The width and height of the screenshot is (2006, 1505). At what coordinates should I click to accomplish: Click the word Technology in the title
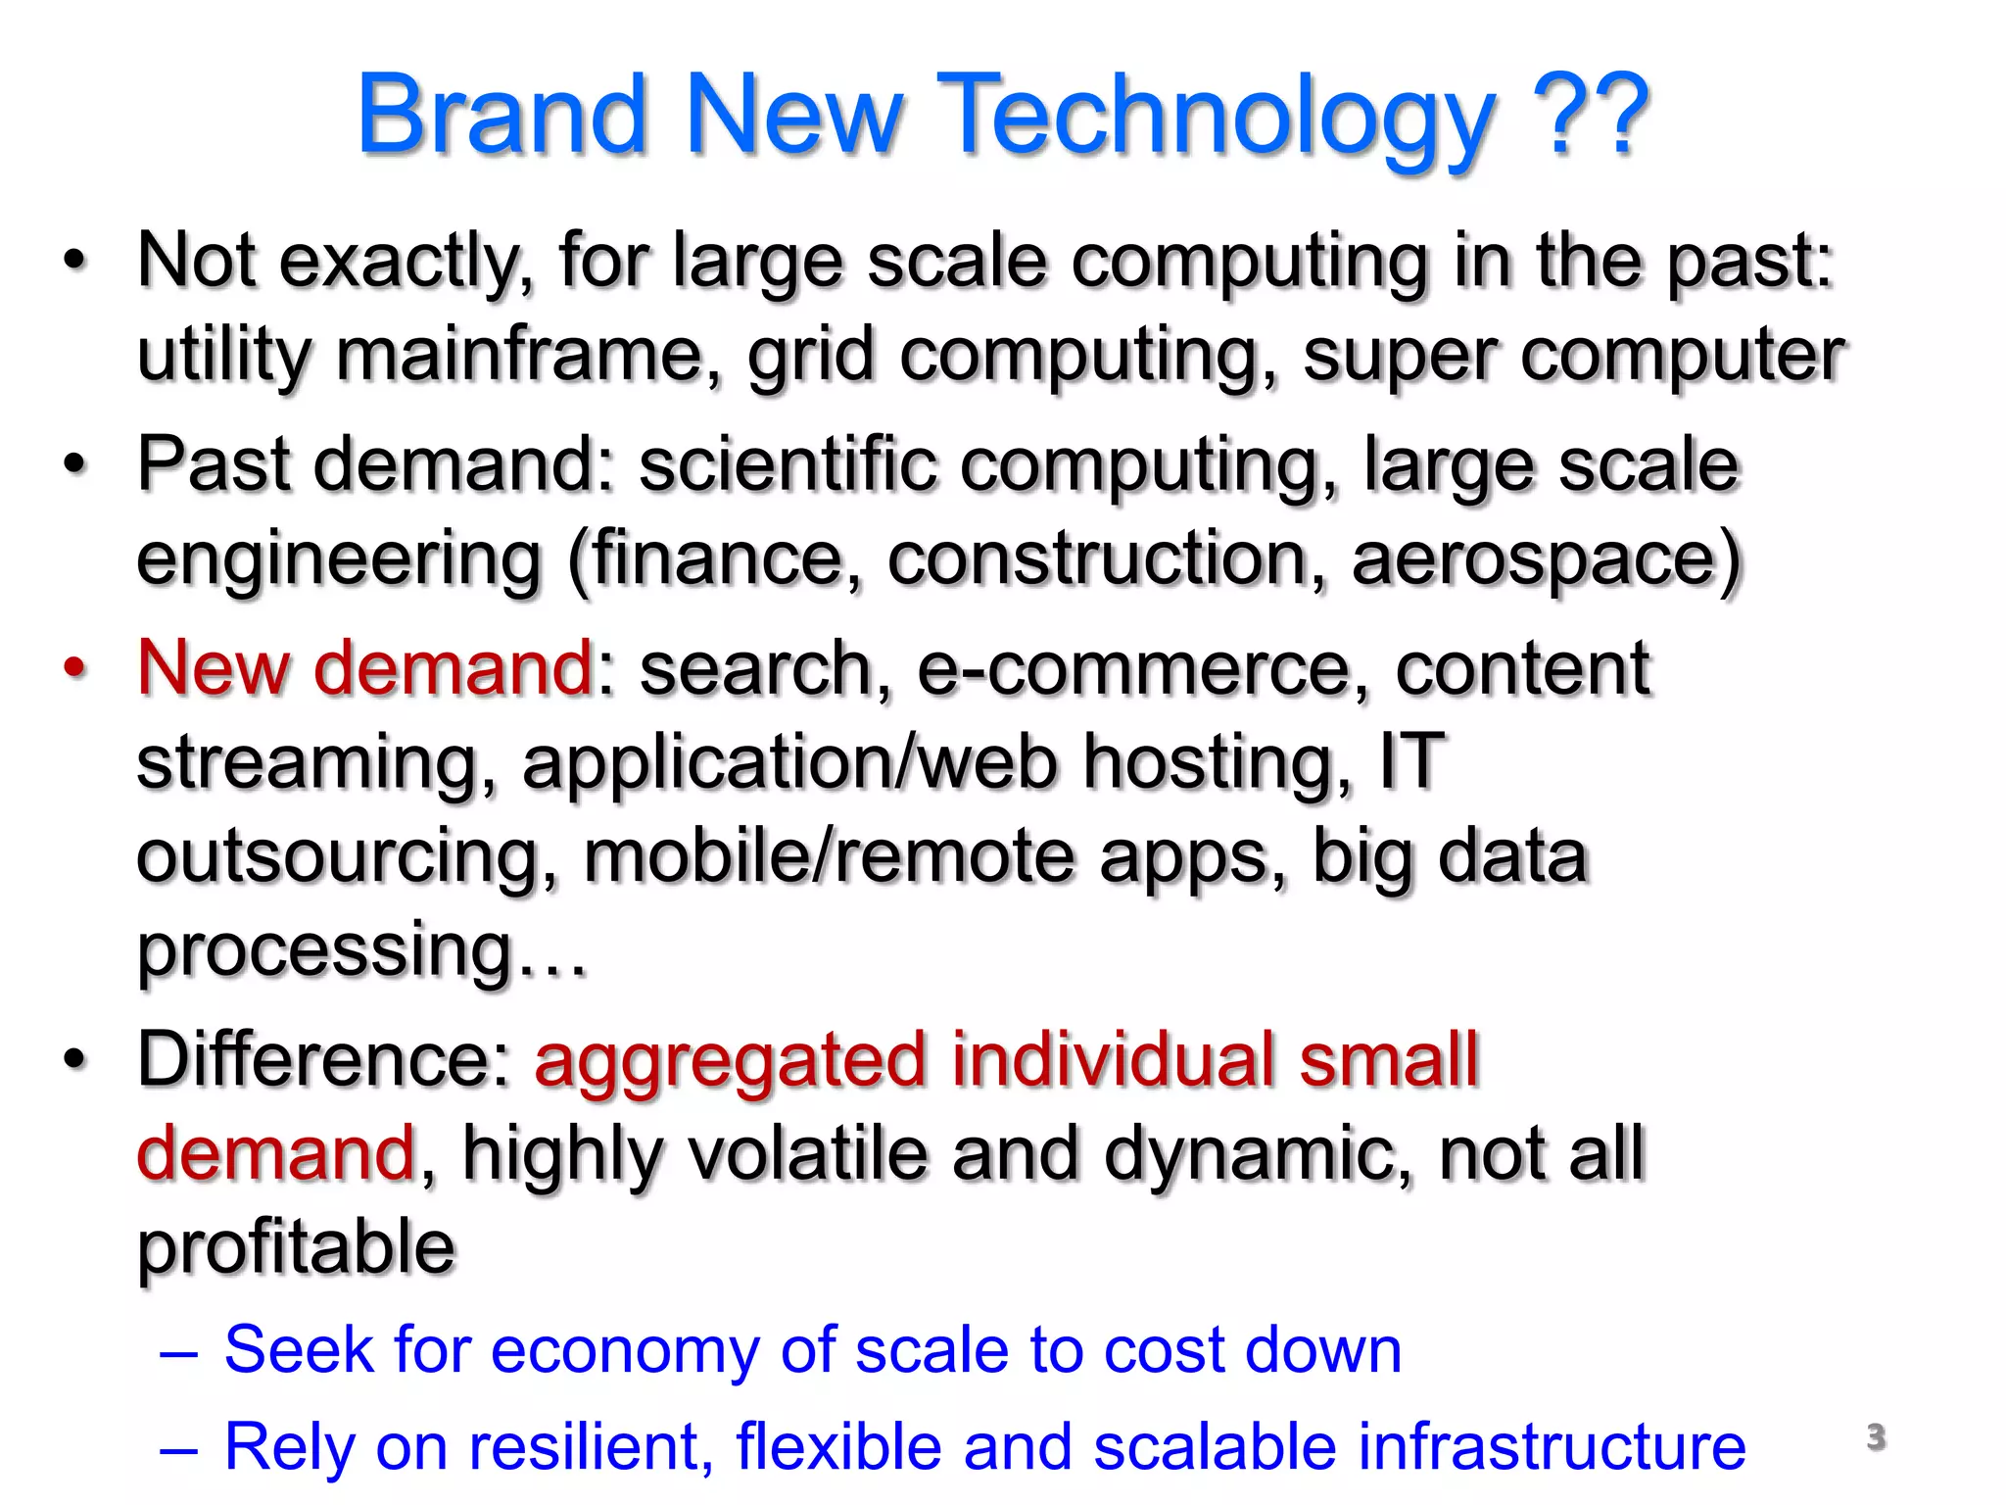[x=1215, y=118]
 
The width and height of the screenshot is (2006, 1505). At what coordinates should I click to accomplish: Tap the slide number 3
[x=1875, y=1436]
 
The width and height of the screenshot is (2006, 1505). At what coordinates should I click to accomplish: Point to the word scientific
[x=788, y=464]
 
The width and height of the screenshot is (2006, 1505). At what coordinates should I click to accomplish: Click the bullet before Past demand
[x=74, y=464]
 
